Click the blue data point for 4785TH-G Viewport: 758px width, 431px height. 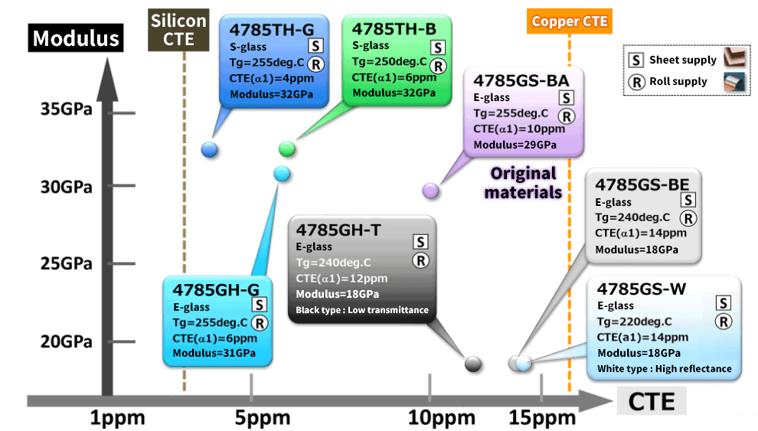pos(209,150)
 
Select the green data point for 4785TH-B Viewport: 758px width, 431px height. pos(286,149)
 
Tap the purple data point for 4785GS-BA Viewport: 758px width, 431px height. pos(430,191)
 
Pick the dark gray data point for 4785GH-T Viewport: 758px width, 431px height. pos(472,364)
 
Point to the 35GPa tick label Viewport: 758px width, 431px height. pos(66,109)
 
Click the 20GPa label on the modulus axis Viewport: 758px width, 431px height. pos(66,341)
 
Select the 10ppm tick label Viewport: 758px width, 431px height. pos(441,417)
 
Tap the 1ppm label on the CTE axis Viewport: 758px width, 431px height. pos(117,417)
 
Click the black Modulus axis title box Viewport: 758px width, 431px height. pos(76,38)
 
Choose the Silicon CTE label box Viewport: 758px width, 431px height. pos(178,30)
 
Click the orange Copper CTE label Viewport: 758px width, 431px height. pos(570,21)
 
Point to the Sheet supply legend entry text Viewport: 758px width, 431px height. pos(683,60)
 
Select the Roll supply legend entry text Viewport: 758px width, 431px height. pos(678,81)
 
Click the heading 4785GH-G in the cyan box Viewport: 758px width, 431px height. pos(216,289)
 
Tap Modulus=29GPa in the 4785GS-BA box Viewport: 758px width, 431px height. pos(515,145)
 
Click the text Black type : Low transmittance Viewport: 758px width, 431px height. pos(362,310)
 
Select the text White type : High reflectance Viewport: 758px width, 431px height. pos(665,369)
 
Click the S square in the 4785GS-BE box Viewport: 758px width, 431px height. pos(688,200)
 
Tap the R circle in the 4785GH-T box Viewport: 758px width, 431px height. pos(420,261)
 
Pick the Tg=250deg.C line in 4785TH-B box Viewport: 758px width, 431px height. pos(390,62)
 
